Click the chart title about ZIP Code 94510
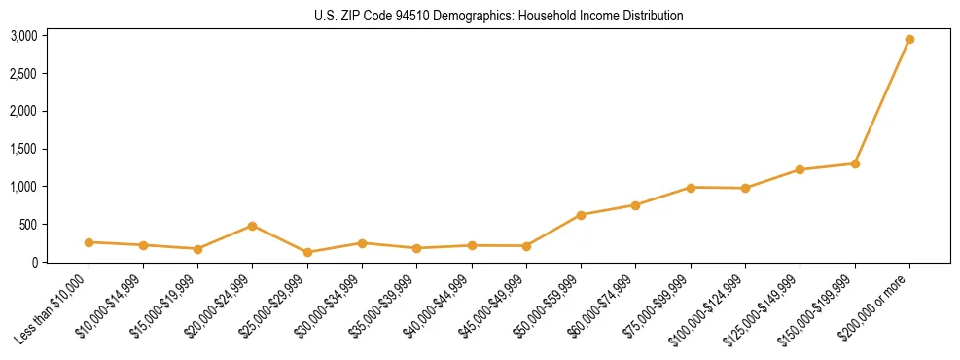(x=499, y=16)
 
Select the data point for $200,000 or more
(x=909, y=40)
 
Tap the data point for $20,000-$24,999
(x=253, y=226)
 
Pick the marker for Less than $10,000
(x=89, y=242)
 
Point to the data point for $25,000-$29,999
(x=307, y=252)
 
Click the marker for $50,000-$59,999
(x=581, y=215)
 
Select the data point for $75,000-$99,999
(x=691, y=188)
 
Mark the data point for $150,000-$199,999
(x=855, y=163)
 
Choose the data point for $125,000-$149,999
(x=800, y=169)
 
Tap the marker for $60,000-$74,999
(x=635, y=205)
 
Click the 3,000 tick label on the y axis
(x=23, y=36)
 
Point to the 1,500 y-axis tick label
(x=23, y=149)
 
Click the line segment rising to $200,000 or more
(x=882, y=102)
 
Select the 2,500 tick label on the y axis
(x=23, y=74)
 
